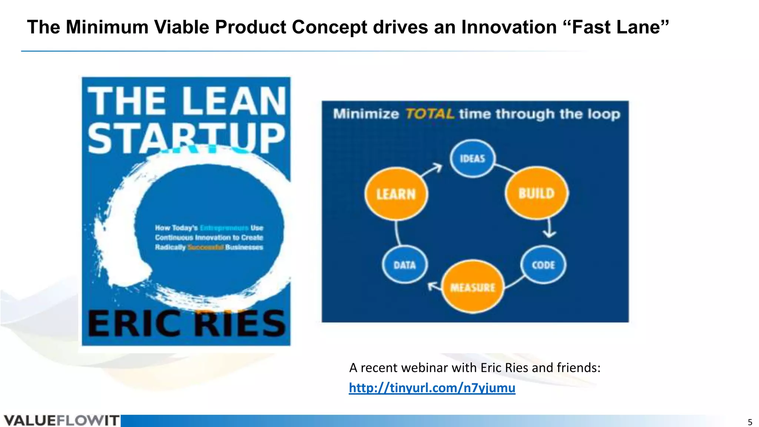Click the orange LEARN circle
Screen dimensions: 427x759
point(396,194)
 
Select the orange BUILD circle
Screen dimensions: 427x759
point(536,193)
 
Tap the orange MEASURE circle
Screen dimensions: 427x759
point(473,287)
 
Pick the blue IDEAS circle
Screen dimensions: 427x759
point(473,159)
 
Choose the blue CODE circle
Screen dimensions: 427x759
point(543,265)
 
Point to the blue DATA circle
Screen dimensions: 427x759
point(404,265)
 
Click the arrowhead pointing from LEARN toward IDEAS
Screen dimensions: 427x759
point(437,168)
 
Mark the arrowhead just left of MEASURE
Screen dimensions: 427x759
point(432,286)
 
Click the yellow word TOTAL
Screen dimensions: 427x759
point(430,113)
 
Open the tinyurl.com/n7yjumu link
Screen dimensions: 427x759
point(432,388)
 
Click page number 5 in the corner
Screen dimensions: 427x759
point(750,422)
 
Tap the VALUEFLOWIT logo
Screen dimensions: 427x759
point(61,421)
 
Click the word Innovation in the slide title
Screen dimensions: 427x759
point(509,27)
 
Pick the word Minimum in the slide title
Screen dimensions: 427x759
point(107,27)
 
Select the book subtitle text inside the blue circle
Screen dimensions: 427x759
point(209,238)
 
